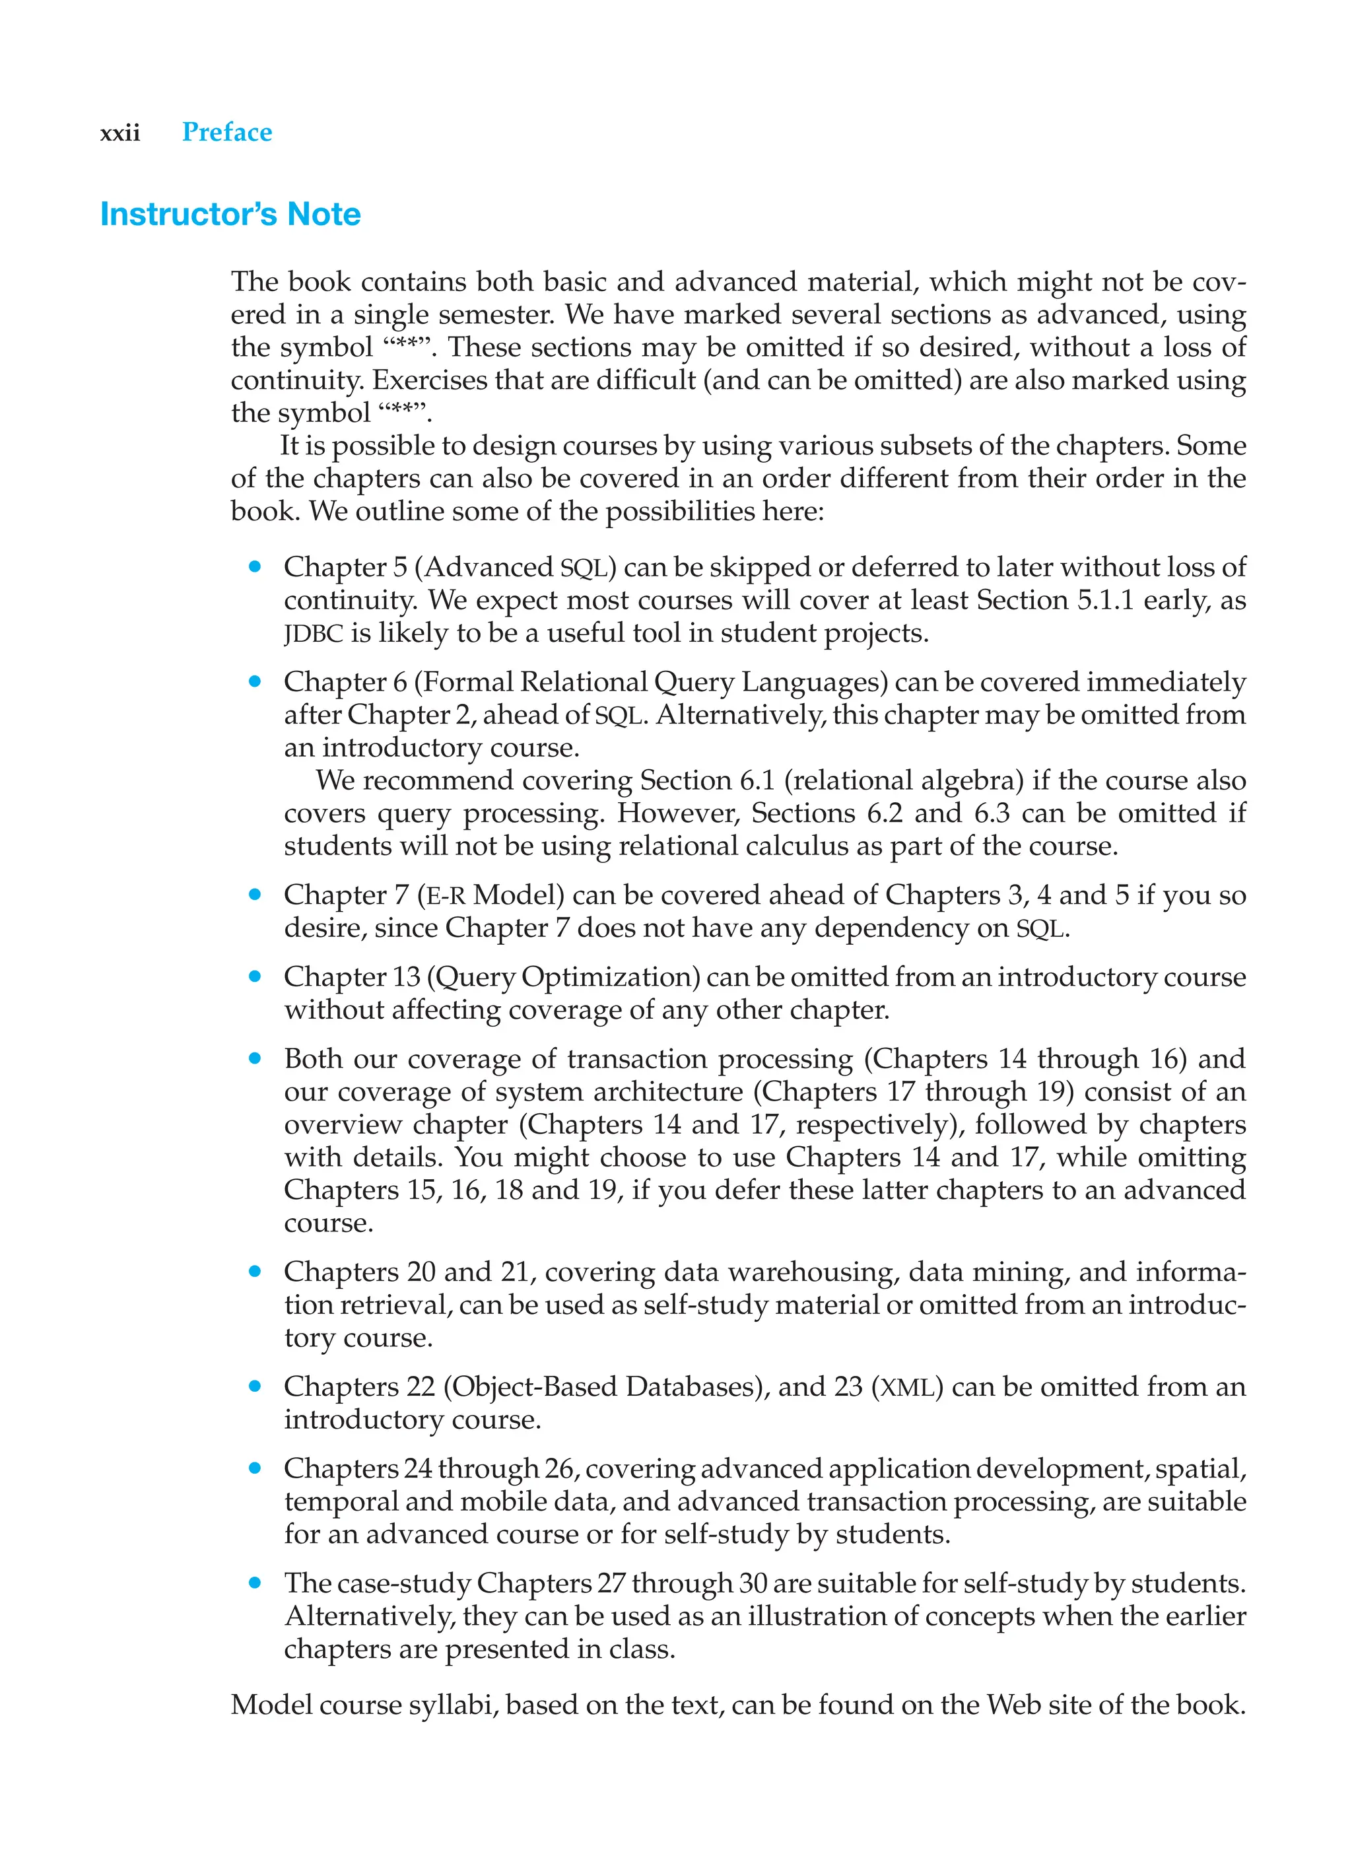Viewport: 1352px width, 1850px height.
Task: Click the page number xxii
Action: [x=119, y=133]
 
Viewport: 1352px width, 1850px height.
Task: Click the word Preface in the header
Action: [x=226, y=132]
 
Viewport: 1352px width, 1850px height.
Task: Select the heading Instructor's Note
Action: [x=230, y=215]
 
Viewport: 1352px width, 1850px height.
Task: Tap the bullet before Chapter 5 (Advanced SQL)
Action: [x=255, y=566]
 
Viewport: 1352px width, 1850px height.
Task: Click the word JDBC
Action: [x=313, y=634]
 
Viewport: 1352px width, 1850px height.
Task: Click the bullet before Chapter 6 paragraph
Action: [x=255, y=681]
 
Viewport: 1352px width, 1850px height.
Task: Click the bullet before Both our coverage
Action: [x=255, y=1058]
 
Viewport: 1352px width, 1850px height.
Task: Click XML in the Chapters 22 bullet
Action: [x=908, y=1388]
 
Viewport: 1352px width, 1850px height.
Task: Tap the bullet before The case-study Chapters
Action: [x=255, y=1583]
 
